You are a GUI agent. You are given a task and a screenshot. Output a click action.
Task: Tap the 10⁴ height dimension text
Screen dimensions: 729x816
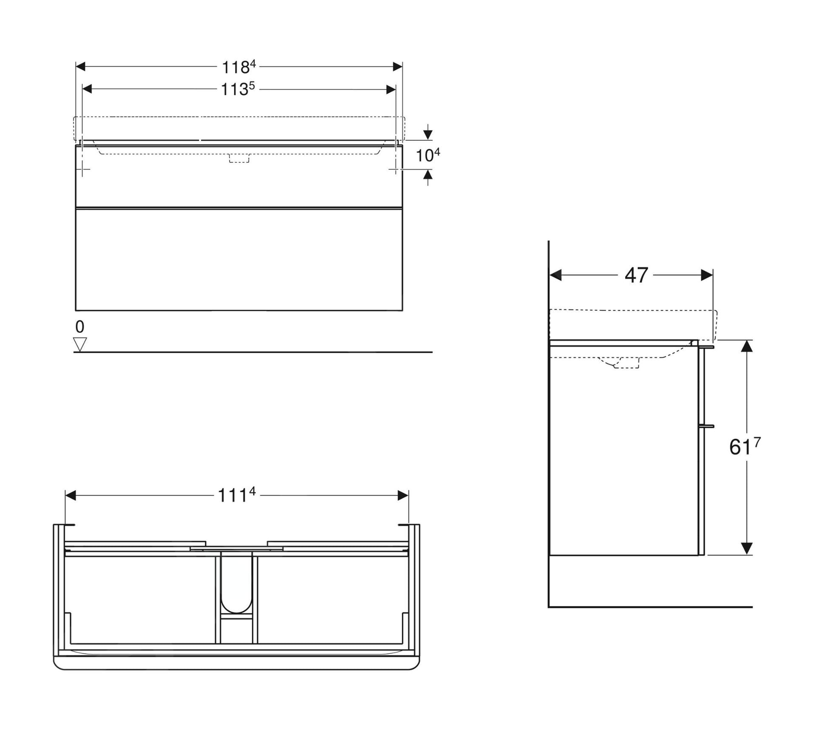(x=427, y=155)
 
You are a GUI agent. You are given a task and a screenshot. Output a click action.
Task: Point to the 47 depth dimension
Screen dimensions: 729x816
(x=636, y=275)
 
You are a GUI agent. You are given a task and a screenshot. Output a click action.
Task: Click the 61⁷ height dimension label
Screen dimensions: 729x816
(x=744, y=447)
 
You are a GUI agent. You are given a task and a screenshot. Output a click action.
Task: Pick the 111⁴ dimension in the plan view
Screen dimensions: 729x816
(x=236, y=495)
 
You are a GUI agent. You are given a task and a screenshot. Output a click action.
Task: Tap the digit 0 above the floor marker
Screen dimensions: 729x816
(x=80, y=327)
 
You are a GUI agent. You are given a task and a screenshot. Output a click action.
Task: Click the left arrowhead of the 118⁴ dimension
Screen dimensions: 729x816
(x=81, y=67)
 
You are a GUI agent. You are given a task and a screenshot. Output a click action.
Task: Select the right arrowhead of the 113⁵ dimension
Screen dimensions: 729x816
(x=391, y=89)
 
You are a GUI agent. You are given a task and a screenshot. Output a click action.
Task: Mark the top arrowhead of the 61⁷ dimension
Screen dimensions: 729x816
(x=747, y=346)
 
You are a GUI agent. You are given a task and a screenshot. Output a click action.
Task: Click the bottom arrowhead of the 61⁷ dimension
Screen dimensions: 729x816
(x=747, y=548)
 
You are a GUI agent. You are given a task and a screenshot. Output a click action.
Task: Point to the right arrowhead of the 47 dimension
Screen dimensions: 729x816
(x=707, y=275)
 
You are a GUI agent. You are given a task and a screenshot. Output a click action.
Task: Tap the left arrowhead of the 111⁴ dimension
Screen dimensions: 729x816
(x=71, y=495)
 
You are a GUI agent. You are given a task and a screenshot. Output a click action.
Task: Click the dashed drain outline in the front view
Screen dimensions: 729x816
(x=239, y=158)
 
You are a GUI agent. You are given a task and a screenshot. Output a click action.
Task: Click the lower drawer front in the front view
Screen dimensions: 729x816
(x=239, y=259)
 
